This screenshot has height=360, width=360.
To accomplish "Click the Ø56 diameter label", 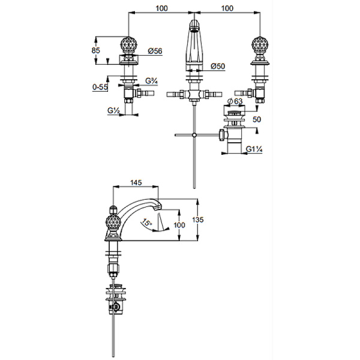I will click(x=155, y=52).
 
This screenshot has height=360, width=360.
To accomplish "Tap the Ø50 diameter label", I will click(x=217, y=66).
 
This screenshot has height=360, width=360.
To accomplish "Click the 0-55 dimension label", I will click(x=100, y=87).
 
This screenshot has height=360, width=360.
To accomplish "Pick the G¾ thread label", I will click(x=153, y=80).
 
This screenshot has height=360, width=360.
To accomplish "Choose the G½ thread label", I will click(x=115, y=110).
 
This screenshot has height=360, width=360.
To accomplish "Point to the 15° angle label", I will click(x=146, y=223).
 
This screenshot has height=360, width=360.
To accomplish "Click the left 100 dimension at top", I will click(x=161, y=8).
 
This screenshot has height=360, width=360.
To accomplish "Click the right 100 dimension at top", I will click(x=226, y=8).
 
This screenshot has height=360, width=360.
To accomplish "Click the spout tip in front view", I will click(x=193, y=25).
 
